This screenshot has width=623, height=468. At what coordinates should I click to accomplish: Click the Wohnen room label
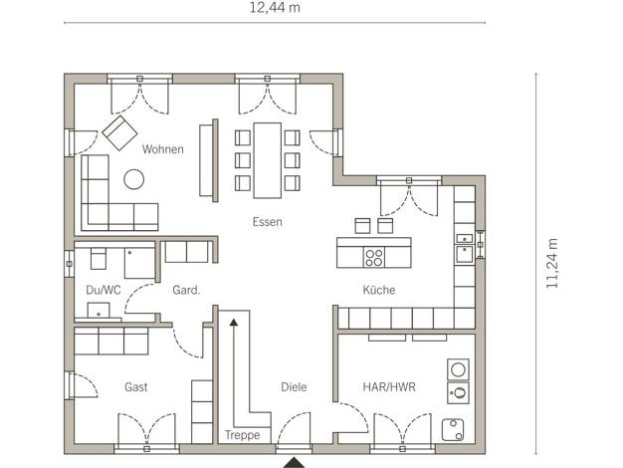(163, 149)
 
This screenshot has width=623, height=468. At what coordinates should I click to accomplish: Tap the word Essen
(268, 222)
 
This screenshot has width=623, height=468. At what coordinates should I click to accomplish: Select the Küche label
(379, 290)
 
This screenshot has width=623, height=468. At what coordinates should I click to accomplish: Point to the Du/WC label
(104, 290)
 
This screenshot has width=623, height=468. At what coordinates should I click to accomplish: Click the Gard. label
(186, 290)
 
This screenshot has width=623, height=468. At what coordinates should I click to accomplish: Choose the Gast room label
(136, 387)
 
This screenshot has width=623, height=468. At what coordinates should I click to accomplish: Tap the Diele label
(294, 387)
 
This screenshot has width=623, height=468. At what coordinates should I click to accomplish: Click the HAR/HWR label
(389, 387)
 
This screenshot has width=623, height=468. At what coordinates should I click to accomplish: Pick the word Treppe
(243, 435)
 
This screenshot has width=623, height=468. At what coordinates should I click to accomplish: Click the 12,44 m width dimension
(275, 8)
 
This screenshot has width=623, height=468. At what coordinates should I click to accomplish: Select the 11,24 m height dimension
(552, 263)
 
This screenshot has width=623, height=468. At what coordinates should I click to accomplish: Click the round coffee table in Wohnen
(134, 179)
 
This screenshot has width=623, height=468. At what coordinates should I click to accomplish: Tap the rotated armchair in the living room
(119, 132)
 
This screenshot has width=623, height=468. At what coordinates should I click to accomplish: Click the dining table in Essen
(268, 160)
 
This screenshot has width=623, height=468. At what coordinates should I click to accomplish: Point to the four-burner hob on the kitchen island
(374, 257)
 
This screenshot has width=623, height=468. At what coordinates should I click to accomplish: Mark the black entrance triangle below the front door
(294, 462)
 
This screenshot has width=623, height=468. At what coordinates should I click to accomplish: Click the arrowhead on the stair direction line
(234, 323)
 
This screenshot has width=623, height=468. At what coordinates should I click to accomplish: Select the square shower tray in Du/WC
(139, 263)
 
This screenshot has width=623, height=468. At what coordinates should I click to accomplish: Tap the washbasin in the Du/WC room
(99, 311)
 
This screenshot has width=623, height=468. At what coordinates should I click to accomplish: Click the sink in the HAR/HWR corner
(453, 430)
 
